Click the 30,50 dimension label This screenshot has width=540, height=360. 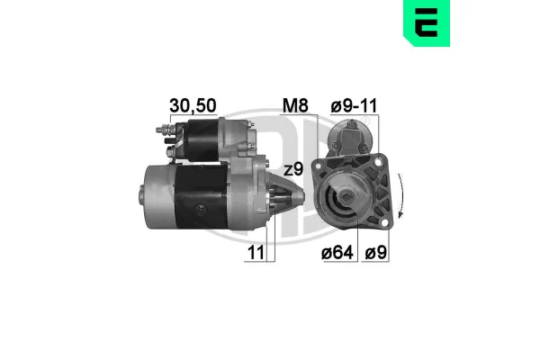point(193,105)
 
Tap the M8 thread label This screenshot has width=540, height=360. point(295,105)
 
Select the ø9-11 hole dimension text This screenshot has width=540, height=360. point(354,106)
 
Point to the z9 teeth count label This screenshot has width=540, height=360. point(293,169)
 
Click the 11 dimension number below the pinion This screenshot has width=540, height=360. point(256,253)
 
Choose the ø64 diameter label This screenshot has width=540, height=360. point(337,253)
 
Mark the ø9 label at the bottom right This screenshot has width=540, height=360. point(376,253)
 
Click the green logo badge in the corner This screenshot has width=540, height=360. point(427,22)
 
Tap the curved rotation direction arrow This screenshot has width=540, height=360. point(400,195)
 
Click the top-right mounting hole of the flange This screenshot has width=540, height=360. point(379,161)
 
